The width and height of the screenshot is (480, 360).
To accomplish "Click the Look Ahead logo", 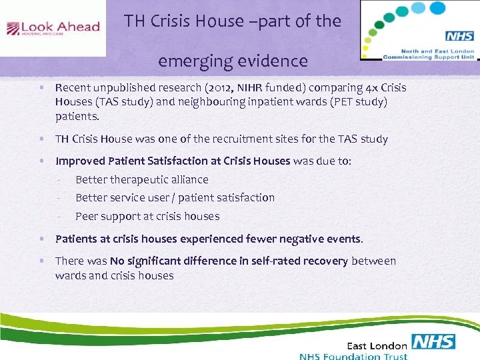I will coord(53,28).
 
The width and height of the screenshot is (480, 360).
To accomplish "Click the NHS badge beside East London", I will coord(433,342).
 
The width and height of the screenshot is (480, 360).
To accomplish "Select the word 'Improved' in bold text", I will coord(79,161).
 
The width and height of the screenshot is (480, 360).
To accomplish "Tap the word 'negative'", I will coord(295,239).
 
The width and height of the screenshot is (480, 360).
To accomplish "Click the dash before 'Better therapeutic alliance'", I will coord(59,179).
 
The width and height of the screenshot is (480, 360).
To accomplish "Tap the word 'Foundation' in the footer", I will coord(359,356).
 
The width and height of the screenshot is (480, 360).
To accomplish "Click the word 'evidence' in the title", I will coord(273,62).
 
